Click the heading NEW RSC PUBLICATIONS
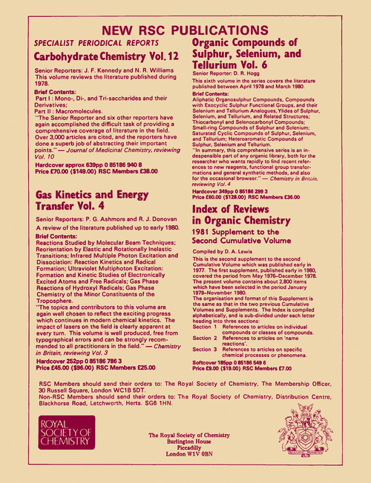coord(185,30)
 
